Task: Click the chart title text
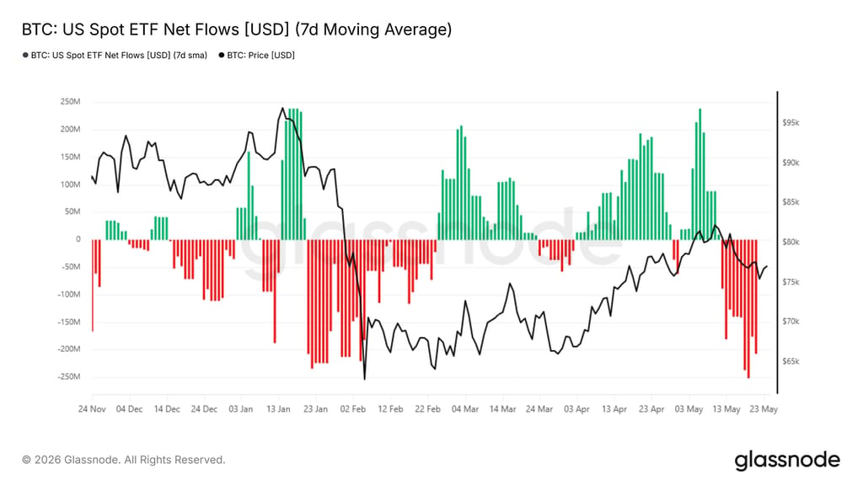(237, 29)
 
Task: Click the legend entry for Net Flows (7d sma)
(115, 55)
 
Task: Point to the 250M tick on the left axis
(70, 102)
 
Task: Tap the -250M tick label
(69, 376)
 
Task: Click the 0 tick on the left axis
(78, 239)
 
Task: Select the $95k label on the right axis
(791, 123)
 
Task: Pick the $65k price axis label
(791, 361)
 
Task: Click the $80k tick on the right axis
(791, 242)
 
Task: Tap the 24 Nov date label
(92, 409)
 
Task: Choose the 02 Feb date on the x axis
(353, 409)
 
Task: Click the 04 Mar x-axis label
(465, 409)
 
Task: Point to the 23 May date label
(764, 409)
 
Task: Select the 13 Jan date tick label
(278, 409)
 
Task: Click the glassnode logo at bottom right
(788, 460)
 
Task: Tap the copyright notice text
(124, 460)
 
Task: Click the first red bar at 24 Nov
(93, 285)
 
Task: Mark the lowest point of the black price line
(364, 379)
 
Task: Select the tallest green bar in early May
(700, 174)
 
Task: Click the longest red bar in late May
(748, 308)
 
